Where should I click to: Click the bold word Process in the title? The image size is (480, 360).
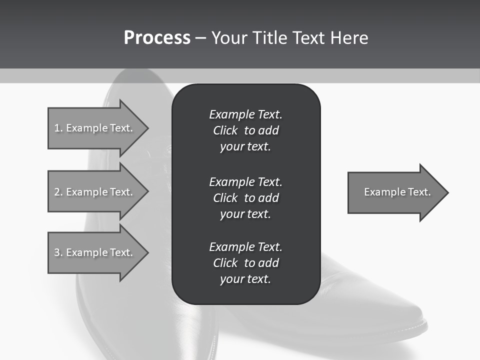[x=157, y=38]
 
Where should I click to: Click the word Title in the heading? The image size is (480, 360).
[x=268, y=38]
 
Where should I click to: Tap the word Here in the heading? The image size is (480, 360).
[x=349, y=38]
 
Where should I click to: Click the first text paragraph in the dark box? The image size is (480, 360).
[x=245, y=130]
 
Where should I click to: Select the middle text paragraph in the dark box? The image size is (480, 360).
[x=245, y=198]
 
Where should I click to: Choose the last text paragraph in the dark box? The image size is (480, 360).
[x=245, y=263]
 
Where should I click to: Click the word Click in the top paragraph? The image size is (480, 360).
[x=225, y=130]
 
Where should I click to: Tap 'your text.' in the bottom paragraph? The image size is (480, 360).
[x=245, y=279]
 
